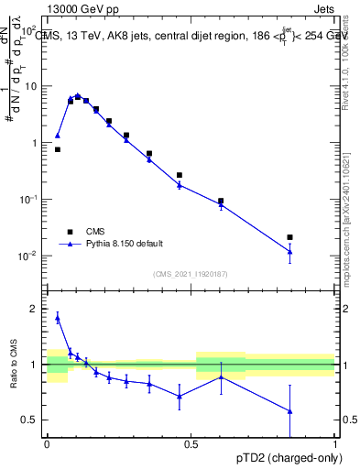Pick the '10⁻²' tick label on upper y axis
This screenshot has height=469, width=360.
pos(30,256)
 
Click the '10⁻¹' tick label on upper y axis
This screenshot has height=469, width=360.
pos(30,200)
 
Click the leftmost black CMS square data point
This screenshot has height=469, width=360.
pos(58,149)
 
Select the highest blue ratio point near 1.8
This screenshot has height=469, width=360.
pos(58,318)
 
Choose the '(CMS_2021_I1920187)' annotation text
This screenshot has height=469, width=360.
pos(190,273)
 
